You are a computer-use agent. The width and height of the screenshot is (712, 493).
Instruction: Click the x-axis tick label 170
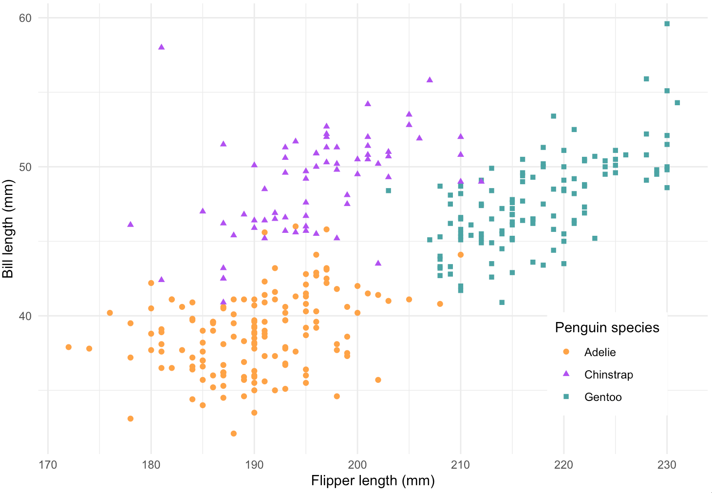(48, 465)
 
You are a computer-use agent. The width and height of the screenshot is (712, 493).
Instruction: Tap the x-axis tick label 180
(151, 465)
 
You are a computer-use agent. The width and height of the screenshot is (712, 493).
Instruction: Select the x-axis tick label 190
(254, 465)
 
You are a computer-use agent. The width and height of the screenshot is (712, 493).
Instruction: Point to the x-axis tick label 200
(357, 465)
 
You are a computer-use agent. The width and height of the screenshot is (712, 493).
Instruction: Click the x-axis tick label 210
(461, 465)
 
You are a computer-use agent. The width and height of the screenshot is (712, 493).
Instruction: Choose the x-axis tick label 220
(564, 465)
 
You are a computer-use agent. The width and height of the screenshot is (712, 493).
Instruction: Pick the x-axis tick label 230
(667, 465)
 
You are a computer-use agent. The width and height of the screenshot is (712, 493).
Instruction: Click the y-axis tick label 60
(25, 18)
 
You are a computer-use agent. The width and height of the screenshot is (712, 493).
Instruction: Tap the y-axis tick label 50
(25, 167)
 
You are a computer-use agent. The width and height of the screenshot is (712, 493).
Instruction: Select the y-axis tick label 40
(25, 316)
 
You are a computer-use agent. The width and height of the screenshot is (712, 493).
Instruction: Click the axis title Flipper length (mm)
(373, 481)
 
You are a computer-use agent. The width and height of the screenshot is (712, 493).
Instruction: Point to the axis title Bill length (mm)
(8, 229)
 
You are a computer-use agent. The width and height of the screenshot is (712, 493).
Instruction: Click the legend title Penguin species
(607, 328)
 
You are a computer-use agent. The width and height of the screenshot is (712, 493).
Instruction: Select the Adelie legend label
(600, 352)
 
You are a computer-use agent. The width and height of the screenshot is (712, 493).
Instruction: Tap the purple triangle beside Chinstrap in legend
(566, 374)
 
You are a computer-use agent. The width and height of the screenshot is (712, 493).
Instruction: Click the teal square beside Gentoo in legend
(566, 397)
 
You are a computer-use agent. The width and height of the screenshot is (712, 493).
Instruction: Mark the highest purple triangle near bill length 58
(162, 47)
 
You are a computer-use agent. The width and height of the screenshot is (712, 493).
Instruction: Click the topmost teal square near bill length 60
(667, 24)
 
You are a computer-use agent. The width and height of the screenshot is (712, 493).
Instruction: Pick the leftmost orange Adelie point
(69, 347)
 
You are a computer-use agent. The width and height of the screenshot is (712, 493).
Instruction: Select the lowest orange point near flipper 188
(234, 434)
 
